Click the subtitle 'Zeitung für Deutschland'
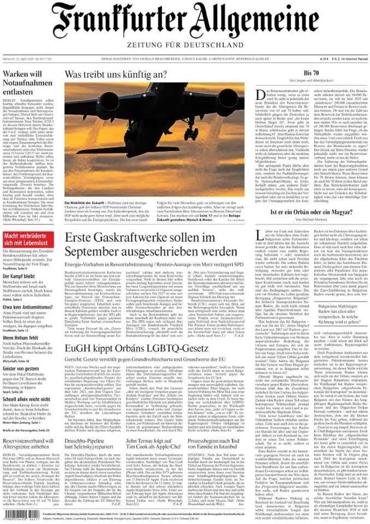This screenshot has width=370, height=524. coord(185,45)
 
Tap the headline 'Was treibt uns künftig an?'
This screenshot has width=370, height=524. coord(116,74)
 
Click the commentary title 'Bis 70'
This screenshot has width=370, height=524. coord(311,73)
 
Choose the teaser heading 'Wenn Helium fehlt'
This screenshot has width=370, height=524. coord(22,338)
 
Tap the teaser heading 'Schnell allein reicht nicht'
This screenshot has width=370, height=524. coord(29,400)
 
